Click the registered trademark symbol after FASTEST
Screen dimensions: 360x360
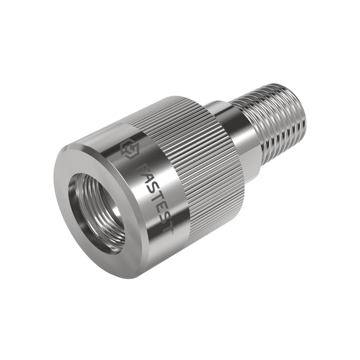coord(173,232)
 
